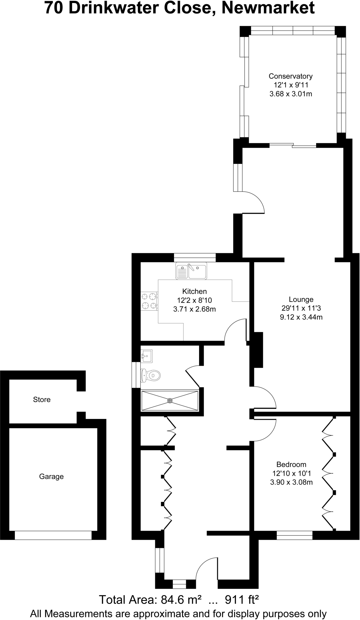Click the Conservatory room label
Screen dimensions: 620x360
tap(290, 76)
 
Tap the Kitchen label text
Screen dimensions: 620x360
tap(195, 292)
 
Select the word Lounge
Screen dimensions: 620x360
tap(301, 300)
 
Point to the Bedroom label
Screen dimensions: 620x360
tap(291, 464)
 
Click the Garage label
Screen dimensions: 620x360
tap(51, 477)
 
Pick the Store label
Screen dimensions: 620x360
tap(42, 400)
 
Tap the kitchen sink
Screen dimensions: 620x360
tap(191, 271)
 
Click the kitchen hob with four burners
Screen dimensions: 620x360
tap(149, 301)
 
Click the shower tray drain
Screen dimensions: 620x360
tap(170, 401)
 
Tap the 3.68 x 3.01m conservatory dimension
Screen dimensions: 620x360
tap(290, 94)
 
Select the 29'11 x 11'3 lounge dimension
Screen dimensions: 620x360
tap(301, 308)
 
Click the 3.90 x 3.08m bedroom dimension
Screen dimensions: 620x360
tap(291, 482)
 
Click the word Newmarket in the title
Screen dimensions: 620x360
tap(268, 8)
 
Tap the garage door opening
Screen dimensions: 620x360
tap(53, 535)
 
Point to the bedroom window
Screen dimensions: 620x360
tap(294, 535)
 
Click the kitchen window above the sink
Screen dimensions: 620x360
tap(195, 257)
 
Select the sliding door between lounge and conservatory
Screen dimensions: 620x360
tap(293, 145)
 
